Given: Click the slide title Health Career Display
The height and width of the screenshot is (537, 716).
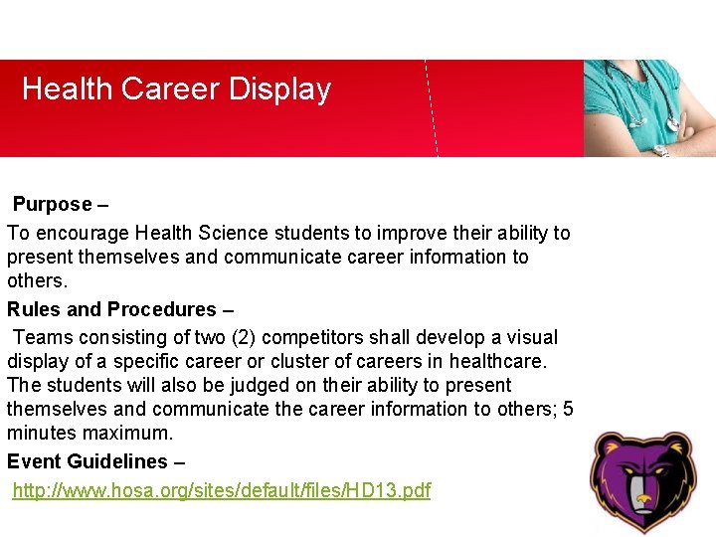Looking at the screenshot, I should (176, 89).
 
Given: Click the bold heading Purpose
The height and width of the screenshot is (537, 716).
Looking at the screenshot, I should (52, 205).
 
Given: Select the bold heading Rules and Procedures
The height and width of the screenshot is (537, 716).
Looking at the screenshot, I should (111, 309).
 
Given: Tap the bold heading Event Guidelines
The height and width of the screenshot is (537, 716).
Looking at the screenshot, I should (88, 461).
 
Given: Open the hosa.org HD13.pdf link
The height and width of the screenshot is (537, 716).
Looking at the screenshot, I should (221, 490).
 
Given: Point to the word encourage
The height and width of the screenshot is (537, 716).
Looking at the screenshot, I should (81, 234).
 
